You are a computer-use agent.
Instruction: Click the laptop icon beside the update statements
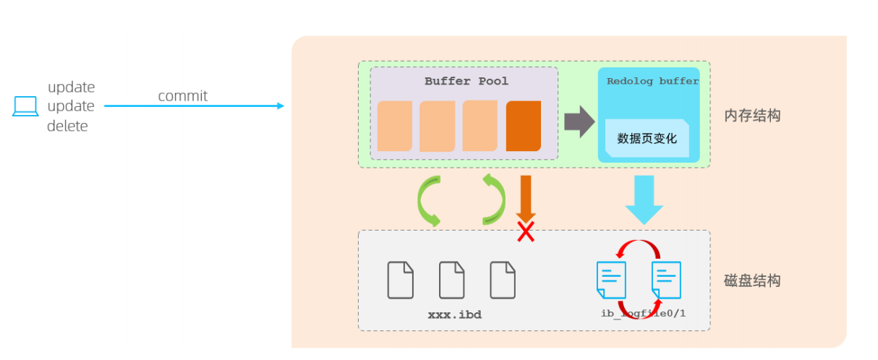pos(25,106)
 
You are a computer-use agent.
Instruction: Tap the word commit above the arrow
pos(182,96)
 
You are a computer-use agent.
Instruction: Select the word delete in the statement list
pos(67,127)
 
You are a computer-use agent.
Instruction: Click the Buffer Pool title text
pos(466,81)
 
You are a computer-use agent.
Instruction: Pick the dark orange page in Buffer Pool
pos(523,126)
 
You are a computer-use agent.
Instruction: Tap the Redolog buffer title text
pos(652,82)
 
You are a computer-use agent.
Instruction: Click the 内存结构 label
pos(752,116)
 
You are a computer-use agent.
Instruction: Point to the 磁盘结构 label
pos(752,280)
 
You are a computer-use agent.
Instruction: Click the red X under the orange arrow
pos(526,232)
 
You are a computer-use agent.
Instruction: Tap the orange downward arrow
pos(526,197)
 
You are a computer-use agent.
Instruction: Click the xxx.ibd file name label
pos(454,315)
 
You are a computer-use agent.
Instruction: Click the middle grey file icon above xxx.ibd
pos(452,280)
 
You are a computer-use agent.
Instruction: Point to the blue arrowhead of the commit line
pos(281,106)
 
